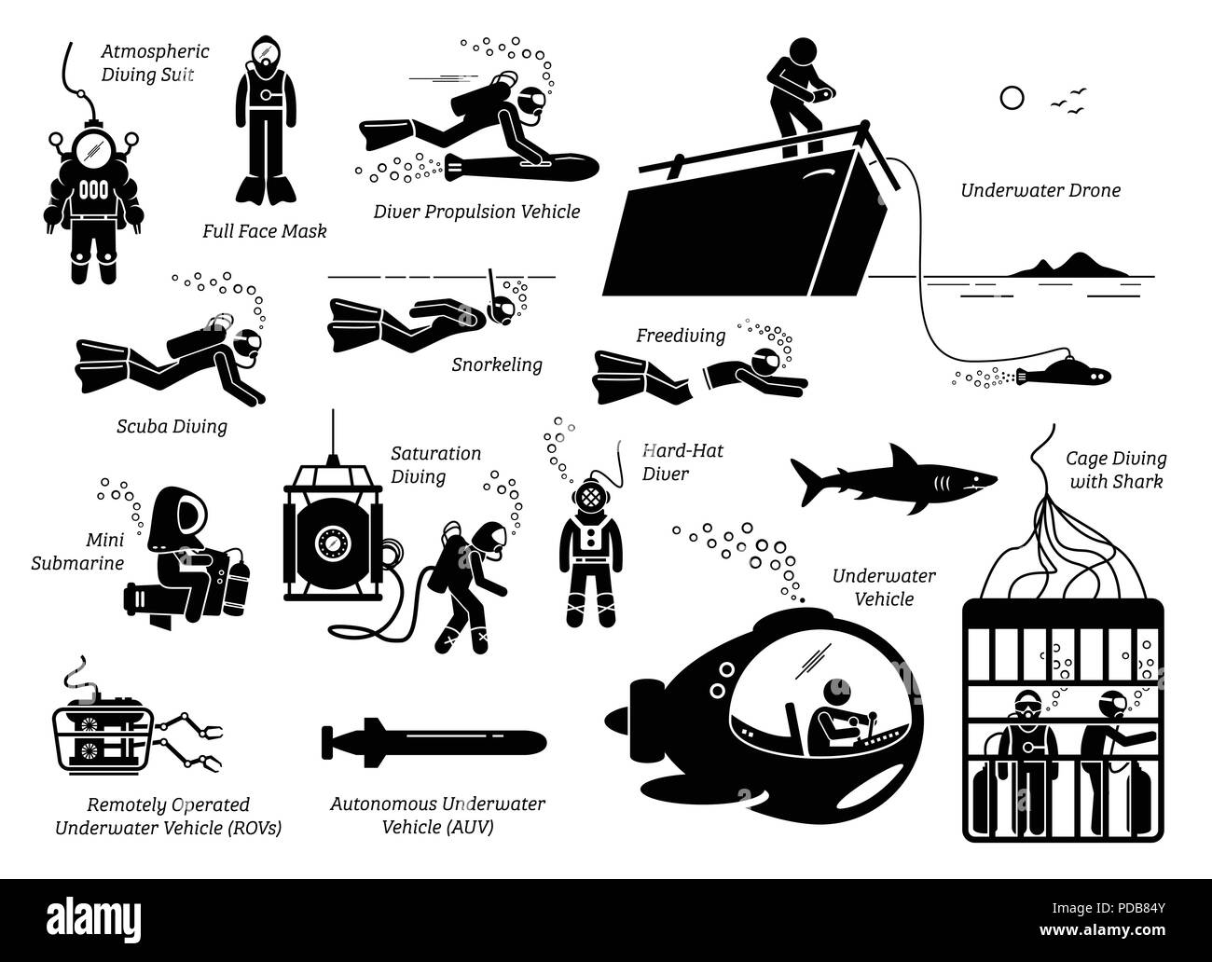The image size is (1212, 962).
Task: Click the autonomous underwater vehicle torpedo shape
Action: pyautogui.click(x=433, y=742)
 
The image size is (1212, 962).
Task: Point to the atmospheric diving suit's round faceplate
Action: pyautogui.click(x=90, y=145)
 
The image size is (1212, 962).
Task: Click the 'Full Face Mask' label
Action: pyautogui.click(x=264, y=231)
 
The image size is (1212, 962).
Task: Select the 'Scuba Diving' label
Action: pyautogui.click(x=168, y=427)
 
